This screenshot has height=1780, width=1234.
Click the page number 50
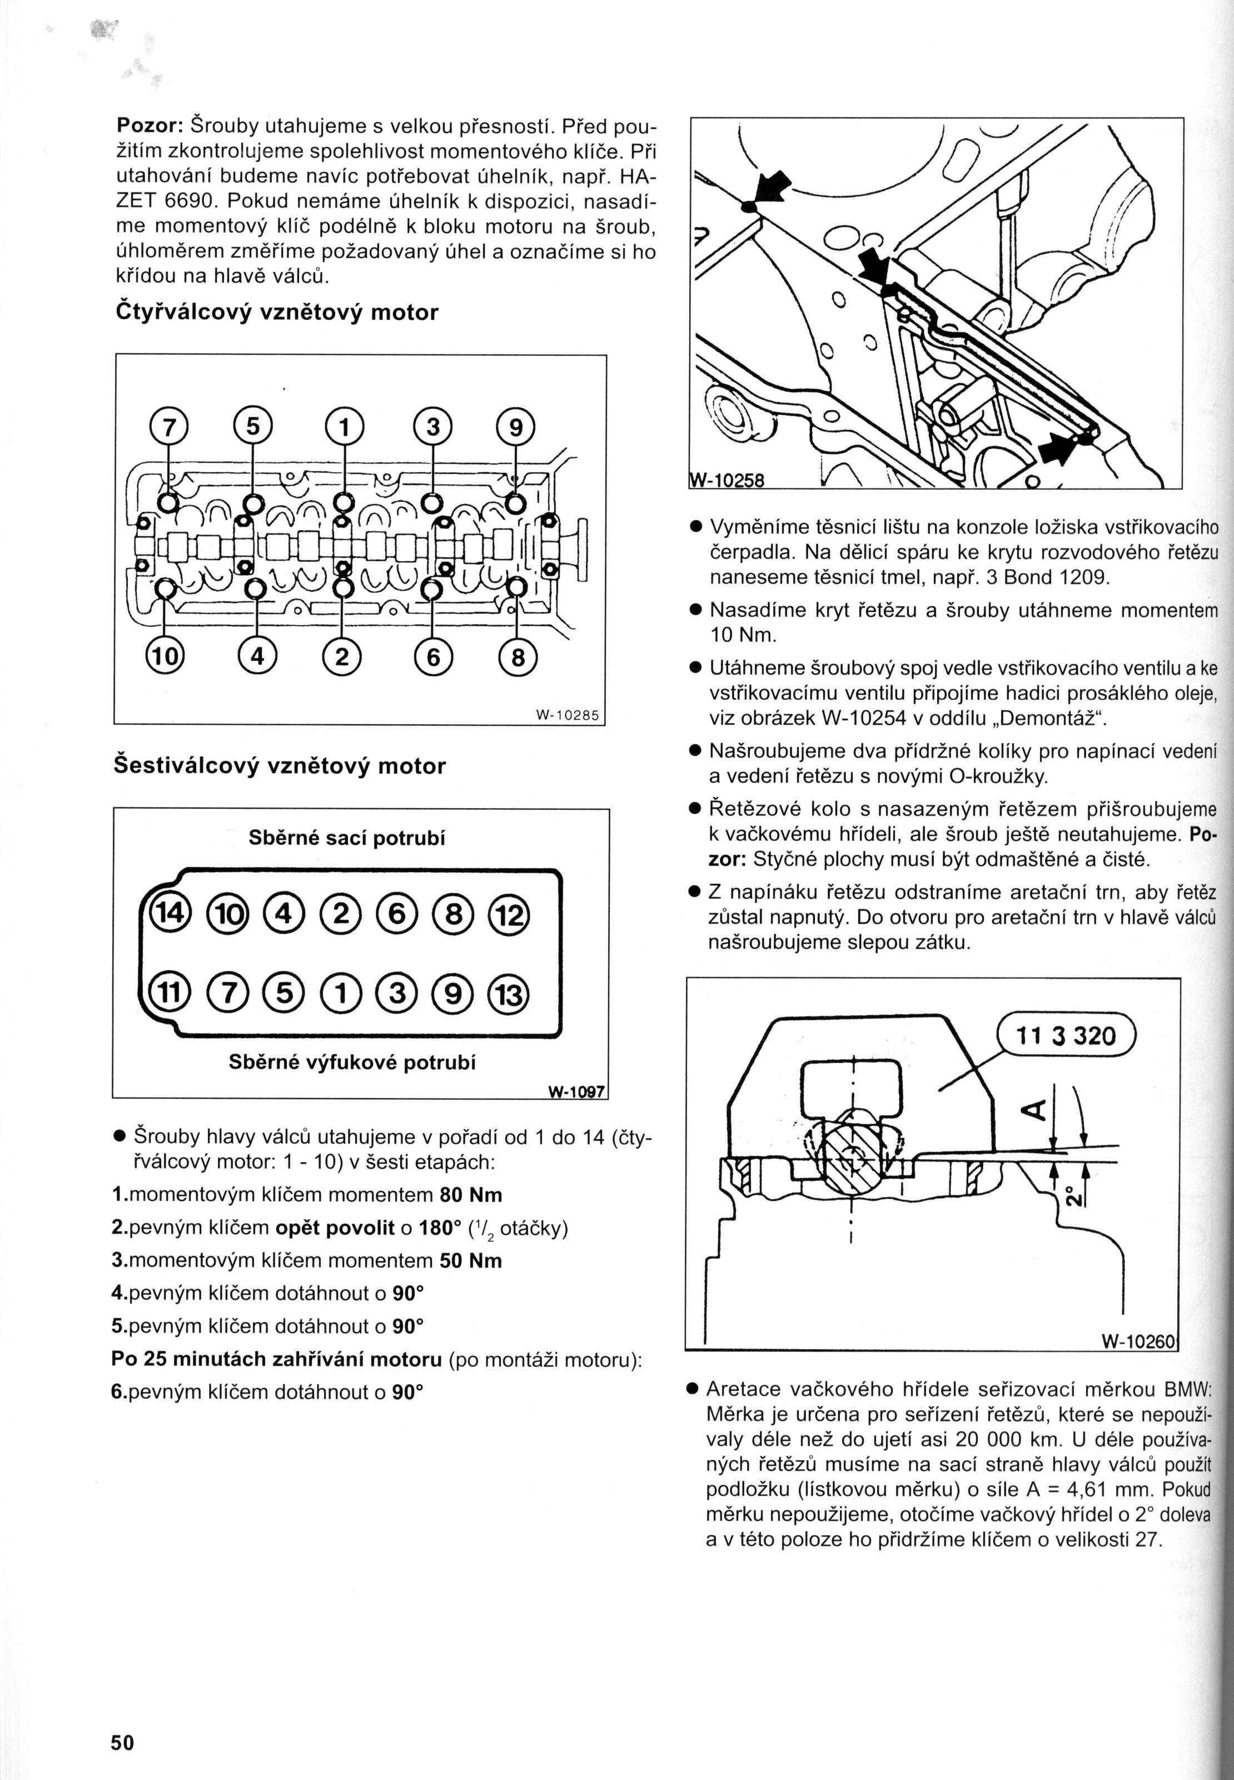pos(122,1720)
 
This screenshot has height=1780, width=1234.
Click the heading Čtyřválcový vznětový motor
pos(276,313)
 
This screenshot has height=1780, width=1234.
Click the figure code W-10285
pos(567,715)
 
